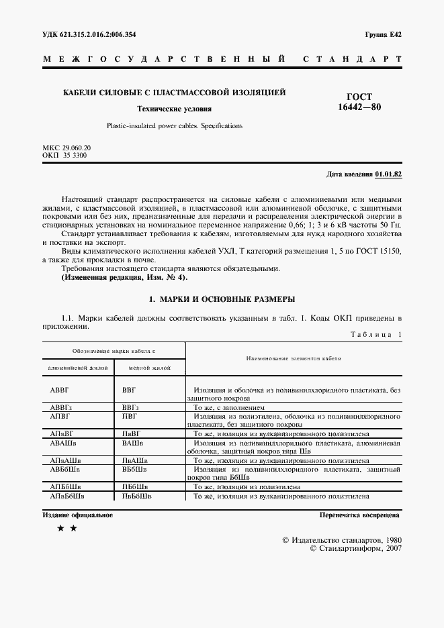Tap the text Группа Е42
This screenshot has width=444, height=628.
tap(383, 34)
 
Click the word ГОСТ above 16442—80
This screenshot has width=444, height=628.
tap(358, 97)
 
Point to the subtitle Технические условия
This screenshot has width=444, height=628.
tap(174, 108)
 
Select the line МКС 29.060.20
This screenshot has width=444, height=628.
tap(66, 147)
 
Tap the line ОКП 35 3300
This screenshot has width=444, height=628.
tap(64, 155)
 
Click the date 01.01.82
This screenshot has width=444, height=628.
tap(388, 174)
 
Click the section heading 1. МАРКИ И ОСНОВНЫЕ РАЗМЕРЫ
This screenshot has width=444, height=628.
tap(222, 299)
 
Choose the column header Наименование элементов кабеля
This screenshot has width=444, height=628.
tap(294, 358)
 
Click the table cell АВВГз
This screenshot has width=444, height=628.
tap(63, 408)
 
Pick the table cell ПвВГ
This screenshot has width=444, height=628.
tap(132, 434)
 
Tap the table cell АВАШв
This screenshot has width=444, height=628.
tap(64, 443)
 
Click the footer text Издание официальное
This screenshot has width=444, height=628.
tap(77, 515)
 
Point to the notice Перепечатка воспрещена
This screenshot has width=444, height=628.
tap(360, 515)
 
